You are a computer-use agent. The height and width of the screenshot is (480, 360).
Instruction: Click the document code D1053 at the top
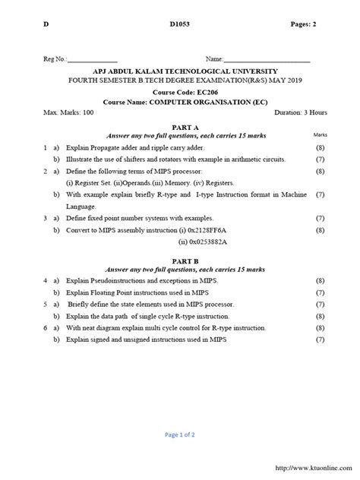pos(178,25)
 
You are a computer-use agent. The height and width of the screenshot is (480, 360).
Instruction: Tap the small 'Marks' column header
pos(319,134)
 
